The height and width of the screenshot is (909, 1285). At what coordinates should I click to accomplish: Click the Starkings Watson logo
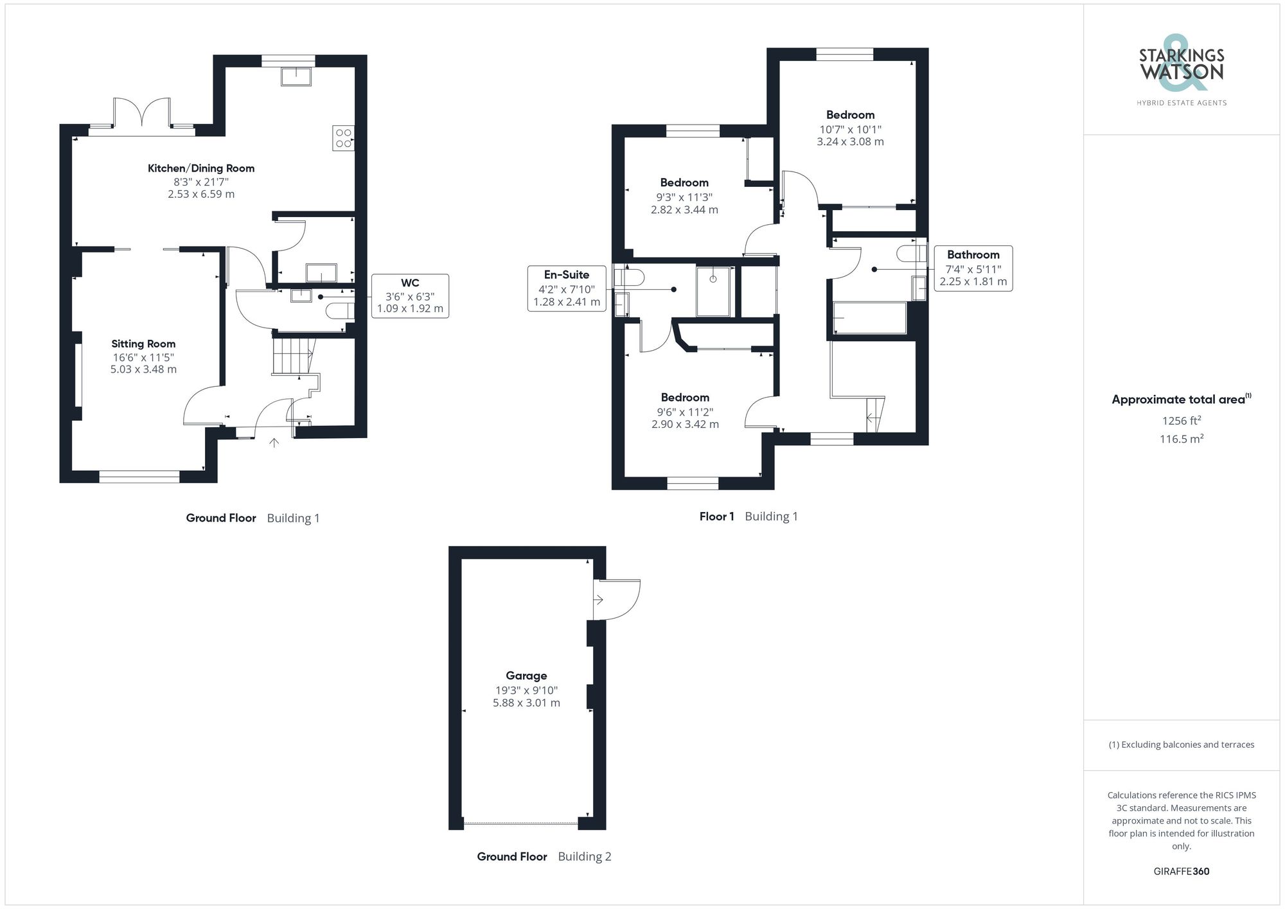[1181, 71]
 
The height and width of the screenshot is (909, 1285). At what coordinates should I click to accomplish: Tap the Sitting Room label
[143, 344]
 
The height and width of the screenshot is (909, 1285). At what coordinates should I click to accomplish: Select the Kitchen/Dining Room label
[201, 168]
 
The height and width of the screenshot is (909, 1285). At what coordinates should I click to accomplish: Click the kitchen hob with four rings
[343, 138]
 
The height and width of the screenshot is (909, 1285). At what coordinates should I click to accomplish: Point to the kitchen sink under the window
[296, 76]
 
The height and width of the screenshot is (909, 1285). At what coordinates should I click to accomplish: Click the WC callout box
[410, 296]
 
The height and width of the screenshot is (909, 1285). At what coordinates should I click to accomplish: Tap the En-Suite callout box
[567, 288]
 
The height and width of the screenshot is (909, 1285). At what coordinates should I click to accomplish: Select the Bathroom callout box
[973, 268]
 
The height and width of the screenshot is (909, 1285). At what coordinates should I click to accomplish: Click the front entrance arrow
[274, 442]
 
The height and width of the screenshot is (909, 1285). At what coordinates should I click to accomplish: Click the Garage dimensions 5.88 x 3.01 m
[526, 703]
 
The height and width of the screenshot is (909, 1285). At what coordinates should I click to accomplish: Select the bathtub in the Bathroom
[869, 318]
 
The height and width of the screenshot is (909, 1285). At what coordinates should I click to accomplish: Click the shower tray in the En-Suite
[713, 291]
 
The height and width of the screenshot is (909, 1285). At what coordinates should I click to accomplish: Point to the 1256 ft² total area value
[1181, 421]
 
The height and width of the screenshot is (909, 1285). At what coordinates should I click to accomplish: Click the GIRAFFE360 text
[1181, 871]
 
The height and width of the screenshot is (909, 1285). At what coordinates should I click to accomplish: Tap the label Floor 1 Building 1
[748, 516]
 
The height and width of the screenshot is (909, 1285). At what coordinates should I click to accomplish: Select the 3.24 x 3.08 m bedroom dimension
[850, 141]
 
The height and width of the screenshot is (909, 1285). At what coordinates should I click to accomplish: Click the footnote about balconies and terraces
[1181, 745]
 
